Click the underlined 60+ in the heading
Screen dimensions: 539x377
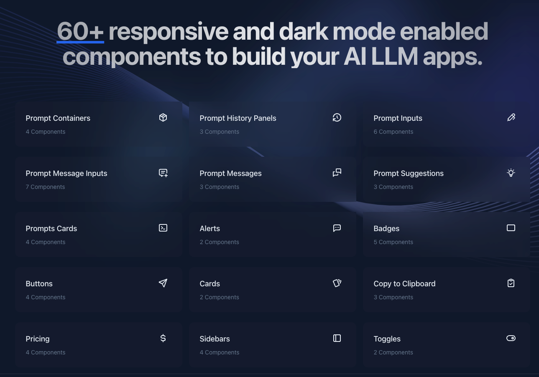click(80, 31)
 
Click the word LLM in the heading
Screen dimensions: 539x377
click(395, 56)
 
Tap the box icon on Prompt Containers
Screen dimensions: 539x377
click(163, 117)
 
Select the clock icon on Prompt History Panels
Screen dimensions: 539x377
click(337, 117)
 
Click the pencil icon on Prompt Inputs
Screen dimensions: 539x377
click(511, 117)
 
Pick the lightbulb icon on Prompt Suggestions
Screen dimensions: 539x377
click(511, 173)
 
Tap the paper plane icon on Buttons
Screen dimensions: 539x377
click(163, 283)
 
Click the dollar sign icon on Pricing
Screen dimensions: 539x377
click(163, 338)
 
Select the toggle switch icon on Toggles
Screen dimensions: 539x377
click(511, 338)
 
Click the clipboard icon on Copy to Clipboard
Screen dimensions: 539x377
click(511, 283)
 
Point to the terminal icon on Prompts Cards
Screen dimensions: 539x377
click(163, 228)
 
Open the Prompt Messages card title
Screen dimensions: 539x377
click(230, 173)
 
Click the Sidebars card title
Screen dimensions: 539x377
click(215, 339)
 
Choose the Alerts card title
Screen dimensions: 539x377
click(209, 229)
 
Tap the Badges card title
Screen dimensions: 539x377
click(386, 229)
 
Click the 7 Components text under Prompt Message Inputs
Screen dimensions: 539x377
click(45, 187)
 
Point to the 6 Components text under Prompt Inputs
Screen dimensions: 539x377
click(393, 132)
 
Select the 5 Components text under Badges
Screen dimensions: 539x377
click(393, 242)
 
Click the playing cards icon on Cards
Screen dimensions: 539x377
click(337, 283)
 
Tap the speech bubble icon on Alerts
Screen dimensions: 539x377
click(337, 228)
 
